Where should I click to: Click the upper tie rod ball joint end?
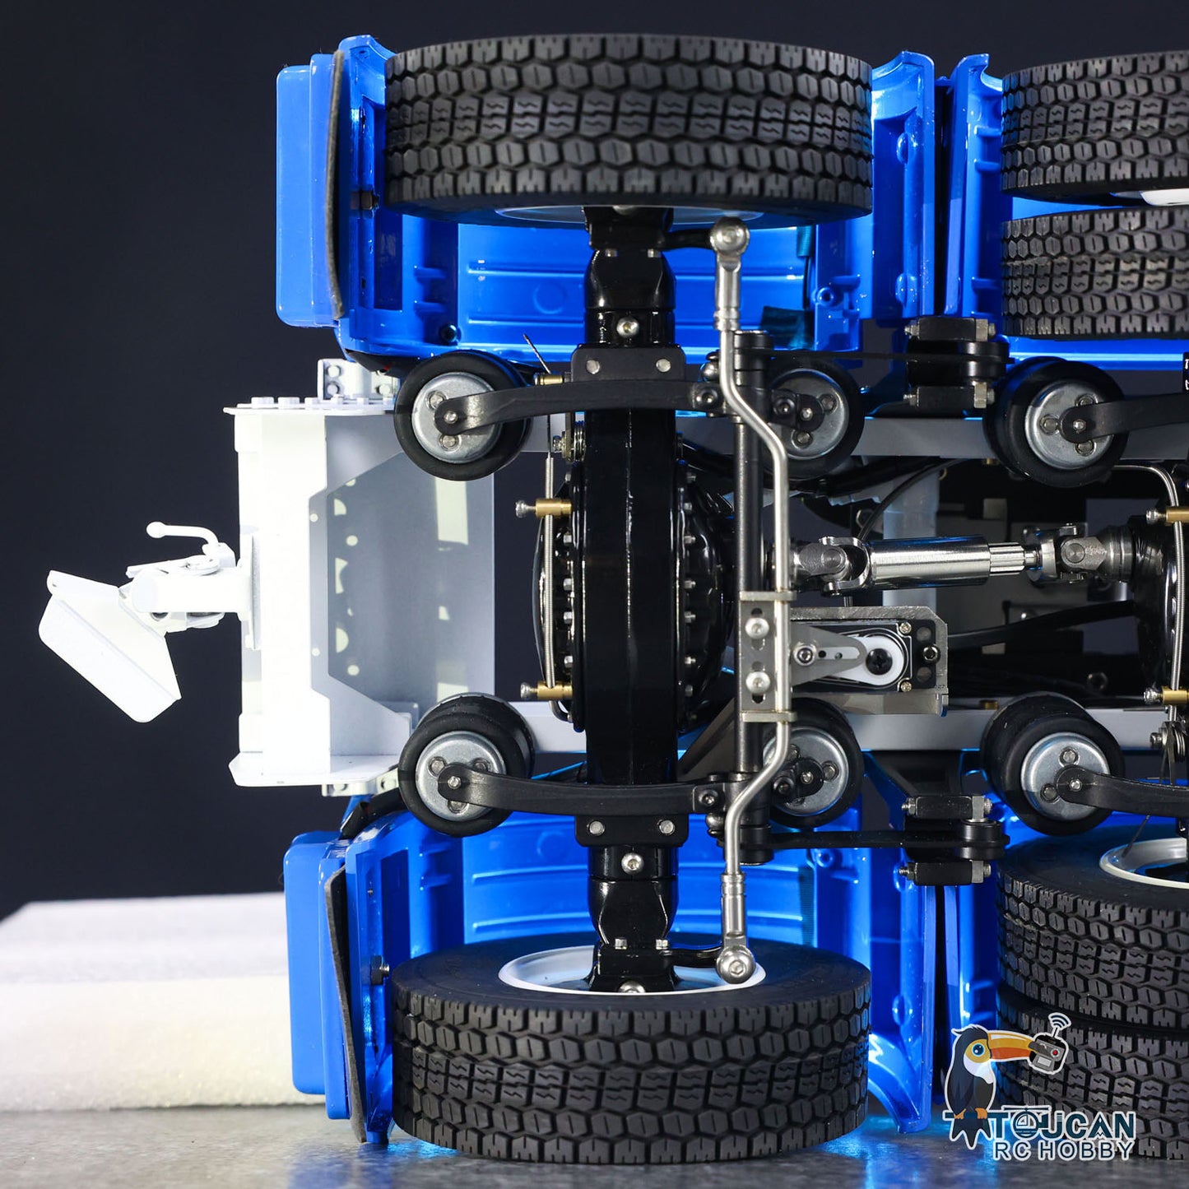click(x=730, y=237)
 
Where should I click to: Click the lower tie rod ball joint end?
click(x=735, y=963)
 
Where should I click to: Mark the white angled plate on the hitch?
click(x=107, y=642)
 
